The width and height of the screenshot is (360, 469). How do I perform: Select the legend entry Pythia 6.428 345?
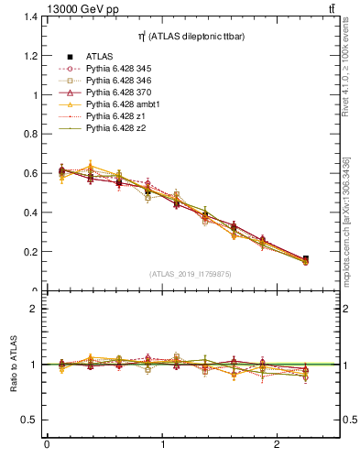click(x=122, y=69)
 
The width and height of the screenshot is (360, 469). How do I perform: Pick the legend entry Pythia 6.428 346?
click(x=122, y=81)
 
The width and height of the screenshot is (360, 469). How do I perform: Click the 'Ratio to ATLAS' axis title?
click(x=15, y=365)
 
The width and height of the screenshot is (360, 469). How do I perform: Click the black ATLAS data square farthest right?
click(x=305, y=259)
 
